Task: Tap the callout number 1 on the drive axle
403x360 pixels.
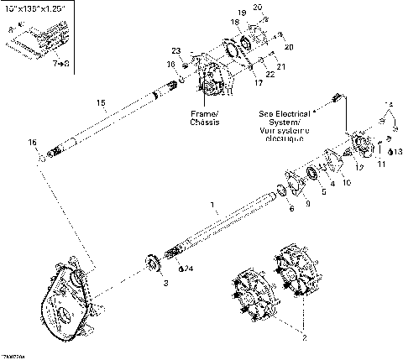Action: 212,204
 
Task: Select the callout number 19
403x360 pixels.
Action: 241,13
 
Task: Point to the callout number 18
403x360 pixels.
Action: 235,23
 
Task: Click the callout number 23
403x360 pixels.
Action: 176,51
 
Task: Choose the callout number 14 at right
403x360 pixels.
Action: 388,105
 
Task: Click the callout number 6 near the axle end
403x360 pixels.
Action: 291,208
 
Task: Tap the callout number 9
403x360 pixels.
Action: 307,202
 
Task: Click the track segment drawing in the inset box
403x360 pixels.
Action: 42,39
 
